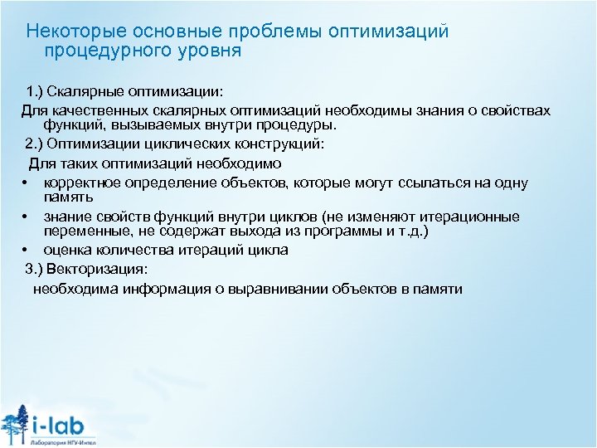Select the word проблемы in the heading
point(280,31)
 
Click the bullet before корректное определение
point(27,183)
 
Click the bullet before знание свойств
point(27,217)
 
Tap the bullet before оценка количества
point(27,250)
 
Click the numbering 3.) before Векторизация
point(36,268)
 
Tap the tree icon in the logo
point(15,423)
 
